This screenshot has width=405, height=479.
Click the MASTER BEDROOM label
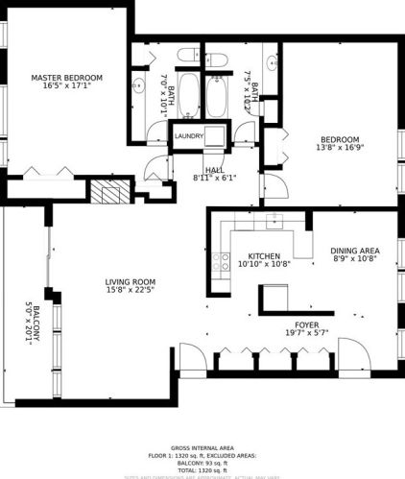pos(66,78)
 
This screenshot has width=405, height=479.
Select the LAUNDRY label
pos(189,136)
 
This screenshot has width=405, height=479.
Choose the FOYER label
pos(306,325)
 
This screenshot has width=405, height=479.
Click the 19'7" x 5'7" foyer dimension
pos(306,334)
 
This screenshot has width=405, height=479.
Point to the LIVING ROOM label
pos(131,282)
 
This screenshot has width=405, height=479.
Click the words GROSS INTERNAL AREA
pos(202,448)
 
